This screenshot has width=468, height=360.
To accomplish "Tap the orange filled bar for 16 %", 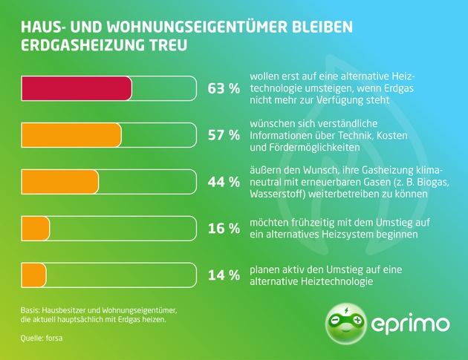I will tap(36, 228).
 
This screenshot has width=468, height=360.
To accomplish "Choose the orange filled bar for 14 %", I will tap(34, 275).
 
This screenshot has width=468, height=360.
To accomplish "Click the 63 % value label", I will tap(224, 89).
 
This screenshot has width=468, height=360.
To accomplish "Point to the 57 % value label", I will tap(224, 135).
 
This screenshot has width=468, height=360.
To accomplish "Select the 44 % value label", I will tap(224, 182).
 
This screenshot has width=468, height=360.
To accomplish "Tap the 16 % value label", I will tap(224, 229).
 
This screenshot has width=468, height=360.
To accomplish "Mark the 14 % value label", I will tap(224, 275).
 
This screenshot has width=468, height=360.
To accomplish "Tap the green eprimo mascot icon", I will tap(346, 322).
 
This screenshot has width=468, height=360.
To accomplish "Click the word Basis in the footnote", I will tap(30, 309).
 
